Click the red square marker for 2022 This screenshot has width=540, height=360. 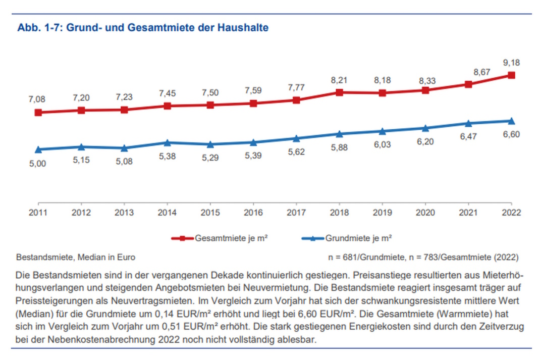coord(511,75)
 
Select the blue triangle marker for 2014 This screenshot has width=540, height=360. coord(167,142)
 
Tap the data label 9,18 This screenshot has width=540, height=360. coord(511,63)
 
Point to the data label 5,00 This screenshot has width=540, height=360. coord(38,164)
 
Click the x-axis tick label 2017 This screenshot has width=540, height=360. coord(296,213)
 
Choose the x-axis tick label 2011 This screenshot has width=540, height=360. coord(38,213)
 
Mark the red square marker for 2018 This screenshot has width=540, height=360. coord(339,92)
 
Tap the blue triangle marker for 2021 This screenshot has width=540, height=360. coord(468,123)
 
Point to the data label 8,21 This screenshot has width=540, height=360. coord(339,80)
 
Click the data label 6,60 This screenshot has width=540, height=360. coord(511,134)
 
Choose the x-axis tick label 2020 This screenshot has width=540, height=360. coord(425,213)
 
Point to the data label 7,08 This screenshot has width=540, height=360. coord(38,99)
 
